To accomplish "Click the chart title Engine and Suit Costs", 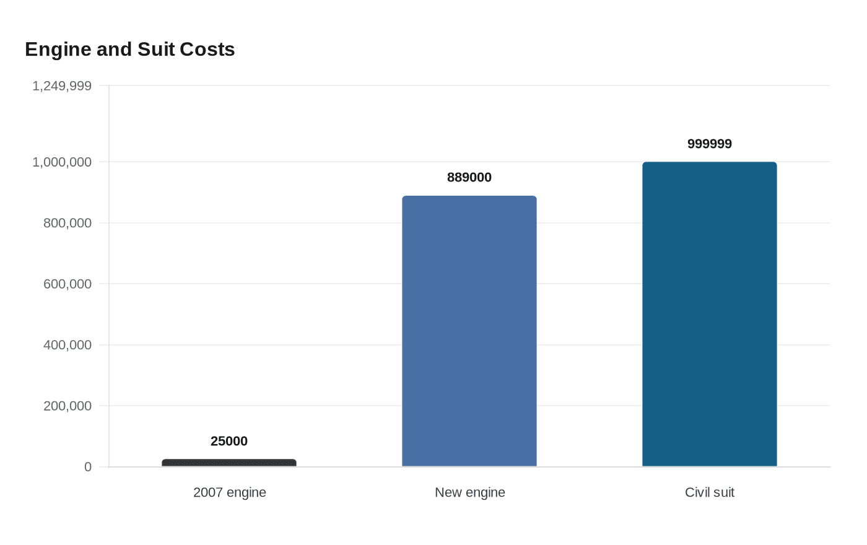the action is tap(129, 50).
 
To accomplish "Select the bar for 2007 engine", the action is tap(229, 463).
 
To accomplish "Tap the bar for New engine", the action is tap(469, 331).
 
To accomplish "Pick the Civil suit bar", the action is tap(710, 315).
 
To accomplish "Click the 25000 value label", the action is tap(229, 441).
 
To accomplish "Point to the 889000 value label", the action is tap(469, 177).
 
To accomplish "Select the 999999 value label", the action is tap(710, 144).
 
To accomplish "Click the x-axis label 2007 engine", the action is tap(230, 492).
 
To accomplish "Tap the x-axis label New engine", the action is tap(470, 492).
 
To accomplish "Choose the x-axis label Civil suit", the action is tap(710, 492).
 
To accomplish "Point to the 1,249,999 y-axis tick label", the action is tap(62, 86).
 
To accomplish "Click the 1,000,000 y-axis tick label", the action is tap(62, 162).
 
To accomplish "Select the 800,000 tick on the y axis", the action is tap(68, 223).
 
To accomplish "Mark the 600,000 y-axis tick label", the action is tap(68, 284).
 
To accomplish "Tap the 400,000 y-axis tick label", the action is tap(68, 345).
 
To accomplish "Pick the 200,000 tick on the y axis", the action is tap(68, 406).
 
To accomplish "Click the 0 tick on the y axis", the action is tap(88, 467).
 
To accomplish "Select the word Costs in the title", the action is tap(207, 50).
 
